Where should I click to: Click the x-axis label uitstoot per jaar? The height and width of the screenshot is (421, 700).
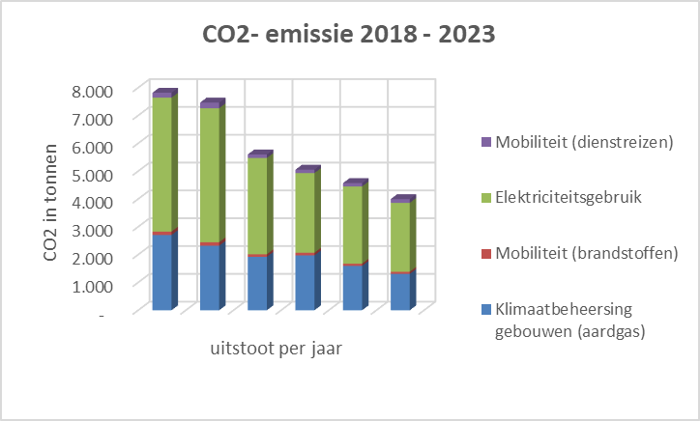click(x=275, y=348)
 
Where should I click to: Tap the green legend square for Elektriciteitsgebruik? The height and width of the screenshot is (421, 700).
click(x=486, y=198)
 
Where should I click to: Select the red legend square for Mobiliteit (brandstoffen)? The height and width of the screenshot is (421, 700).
click(x=486, y=254)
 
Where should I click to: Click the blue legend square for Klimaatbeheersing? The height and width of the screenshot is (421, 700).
click(x=486, y=310)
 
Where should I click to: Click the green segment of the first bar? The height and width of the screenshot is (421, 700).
click(x=161, y=164)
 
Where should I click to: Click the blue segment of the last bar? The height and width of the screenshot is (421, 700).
click(x=399, y=292)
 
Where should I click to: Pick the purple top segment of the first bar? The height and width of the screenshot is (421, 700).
click(x=161, y=94)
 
